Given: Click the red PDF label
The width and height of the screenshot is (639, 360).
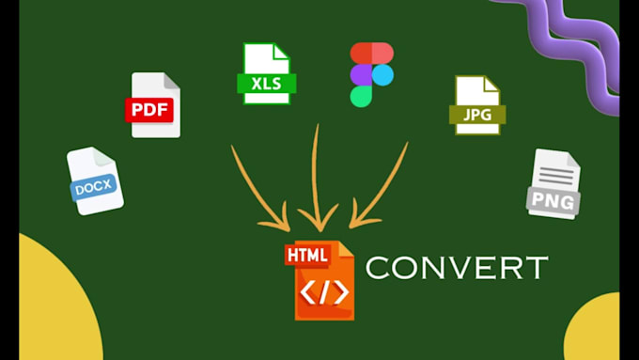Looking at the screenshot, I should pyautogui.click(x=150, y=109).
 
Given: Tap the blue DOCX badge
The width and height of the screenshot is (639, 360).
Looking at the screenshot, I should pyautogui.click(x=94, y=186).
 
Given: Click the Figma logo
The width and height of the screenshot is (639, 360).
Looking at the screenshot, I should pyautogui.click(x=371, y=74).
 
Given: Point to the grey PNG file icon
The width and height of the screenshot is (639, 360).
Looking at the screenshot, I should pyautogui.click(x=553, y=184).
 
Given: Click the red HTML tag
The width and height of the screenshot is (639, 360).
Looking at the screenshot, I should pyautogui.click(x=306, y=256).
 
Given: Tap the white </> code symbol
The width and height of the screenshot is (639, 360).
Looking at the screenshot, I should pyautogui.click(x=324, y=291).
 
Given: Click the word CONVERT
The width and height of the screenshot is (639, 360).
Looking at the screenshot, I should pyautogui.click(x=456, y=268).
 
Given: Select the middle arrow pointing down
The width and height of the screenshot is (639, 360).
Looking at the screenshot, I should pyautogui.click(x=316, y=179).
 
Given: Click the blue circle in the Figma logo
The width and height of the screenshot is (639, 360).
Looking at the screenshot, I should pyautogui.click(x=382, y=74).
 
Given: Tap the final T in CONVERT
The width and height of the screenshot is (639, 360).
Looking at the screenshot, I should pyautogui.click(x=536, y=268).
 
